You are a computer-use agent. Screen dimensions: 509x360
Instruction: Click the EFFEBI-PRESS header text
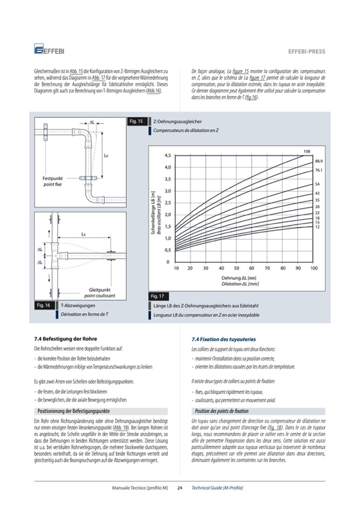coord(306,52)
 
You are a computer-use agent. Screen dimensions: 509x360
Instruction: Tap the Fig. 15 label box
coord(136,122)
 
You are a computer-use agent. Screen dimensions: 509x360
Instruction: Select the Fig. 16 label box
coord(44,306)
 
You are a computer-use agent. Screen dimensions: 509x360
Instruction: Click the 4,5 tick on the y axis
coord(167,156)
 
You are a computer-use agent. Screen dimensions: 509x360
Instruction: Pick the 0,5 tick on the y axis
coord(167,250)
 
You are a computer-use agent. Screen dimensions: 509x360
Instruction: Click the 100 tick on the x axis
coord(314,269)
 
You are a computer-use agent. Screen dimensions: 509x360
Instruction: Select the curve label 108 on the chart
coord(306,152)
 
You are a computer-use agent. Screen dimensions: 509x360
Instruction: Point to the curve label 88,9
coord(319,161)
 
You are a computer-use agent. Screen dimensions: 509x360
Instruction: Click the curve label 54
coord(317,184)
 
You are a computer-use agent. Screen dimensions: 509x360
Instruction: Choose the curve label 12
coord(317,227)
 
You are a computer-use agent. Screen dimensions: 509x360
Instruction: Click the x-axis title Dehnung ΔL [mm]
coord(239,278)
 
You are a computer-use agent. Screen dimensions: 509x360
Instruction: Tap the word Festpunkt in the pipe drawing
coord(52,179)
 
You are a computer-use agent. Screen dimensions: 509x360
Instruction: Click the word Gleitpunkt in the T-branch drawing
coord(99,290)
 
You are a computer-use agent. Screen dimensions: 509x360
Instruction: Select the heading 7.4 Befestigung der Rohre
coord(65,338)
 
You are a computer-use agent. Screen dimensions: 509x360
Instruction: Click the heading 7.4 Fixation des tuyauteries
coord(224,339)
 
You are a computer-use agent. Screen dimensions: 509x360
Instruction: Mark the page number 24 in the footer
coord(179,487)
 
